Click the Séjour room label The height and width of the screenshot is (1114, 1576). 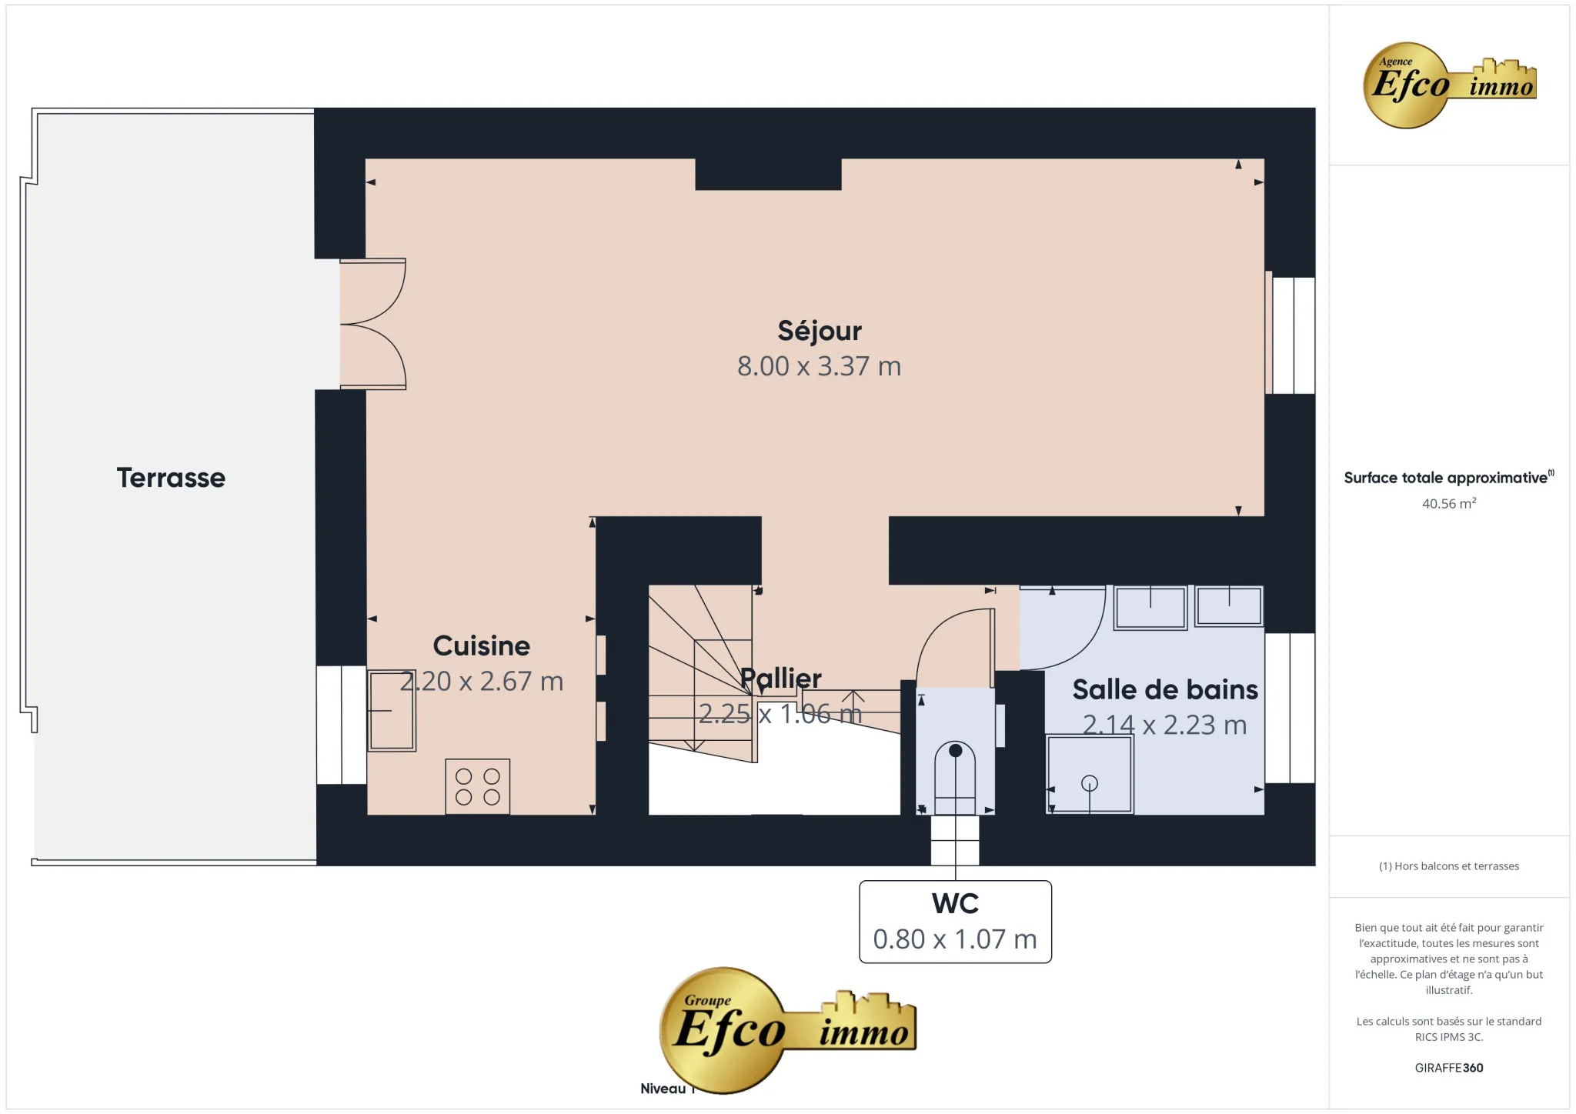point(819,331)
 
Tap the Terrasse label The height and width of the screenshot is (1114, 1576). point(171,478)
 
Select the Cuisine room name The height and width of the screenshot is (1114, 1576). point(481,645)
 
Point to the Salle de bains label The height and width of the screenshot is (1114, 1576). point(1164,689)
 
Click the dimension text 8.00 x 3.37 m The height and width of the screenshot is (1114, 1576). point(819,366)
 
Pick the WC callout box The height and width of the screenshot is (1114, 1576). point(955,921)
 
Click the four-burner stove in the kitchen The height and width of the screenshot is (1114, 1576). point(477,786)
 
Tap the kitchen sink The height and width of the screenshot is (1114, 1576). point(392,710)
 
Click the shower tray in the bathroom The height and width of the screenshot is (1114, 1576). point(1089,774)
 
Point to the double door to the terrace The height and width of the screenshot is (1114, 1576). point(374,324)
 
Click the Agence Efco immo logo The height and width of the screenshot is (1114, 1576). point(1449,85)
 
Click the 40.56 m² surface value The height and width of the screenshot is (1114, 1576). point(1448,504)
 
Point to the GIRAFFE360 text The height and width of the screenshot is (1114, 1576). point(1448,1068)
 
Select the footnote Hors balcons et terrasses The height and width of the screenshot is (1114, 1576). point(1448,866)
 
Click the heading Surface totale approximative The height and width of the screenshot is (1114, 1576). point(1445,478)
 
